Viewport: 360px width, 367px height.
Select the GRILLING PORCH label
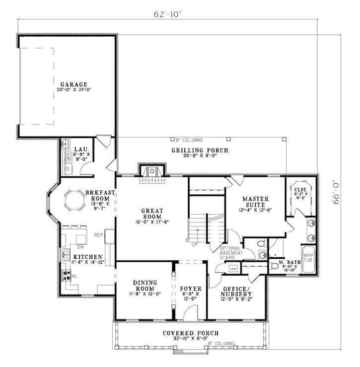pyautogui.click(x=200, y=150)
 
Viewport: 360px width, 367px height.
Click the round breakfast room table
pyautogui.click(x=75, y=201)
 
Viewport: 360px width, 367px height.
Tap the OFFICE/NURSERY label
pyautogui.click(x=236, y=291)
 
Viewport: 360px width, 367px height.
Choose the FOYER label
pyautogui.click(x=190, y=289)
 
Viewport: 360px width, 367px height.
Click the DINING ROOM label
pyautogui.click(x=145, y=285)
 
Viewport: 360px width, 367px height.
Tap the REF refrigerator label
pyautogui.click(x=98, y=234)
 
